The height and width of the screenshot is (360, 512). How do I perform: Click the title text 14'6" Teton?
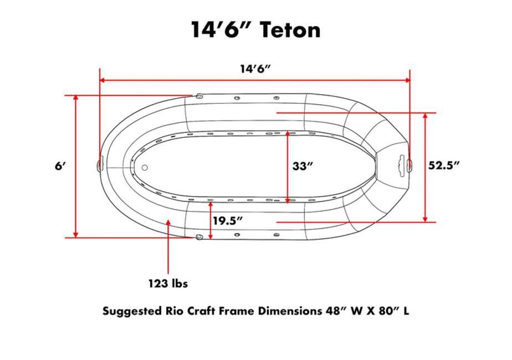point(255,29)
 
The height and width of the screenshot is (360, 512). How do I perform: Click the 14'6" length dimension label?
point(254,69)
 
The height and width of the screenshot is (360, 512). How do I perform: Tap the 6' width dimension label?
point(60,166)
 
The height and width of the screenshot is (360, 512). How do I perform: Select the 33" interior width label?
point(304,166)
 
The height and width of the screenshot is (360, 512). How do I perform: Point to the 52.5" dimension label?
point(445,166)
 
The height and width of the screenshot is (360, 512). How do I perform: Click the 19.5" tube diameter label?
point(228,220)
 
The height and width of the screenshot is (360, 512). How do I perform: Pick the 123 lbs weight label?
point(168,284)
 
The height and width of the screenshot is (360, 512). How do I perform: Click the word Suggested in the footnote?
point(131,311)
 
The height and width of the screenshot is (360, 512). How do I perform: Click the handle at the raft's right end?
point(400,163)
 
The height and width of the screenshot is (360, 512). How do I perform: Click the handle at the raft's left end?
point(100,164)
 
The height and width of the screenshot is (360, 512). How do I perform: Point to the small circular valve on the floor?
point(145,167)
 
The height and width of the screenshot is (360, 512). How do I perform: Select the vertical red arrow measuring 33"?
point(287,166)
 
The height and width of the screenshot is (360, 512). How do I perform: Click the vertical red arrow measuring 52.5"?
point(425,166)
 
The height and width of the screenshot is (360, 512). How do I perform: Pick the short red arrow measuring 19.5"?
point(211,220)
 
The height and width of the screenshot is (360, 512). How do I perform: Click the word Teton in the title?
point(290,29)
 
